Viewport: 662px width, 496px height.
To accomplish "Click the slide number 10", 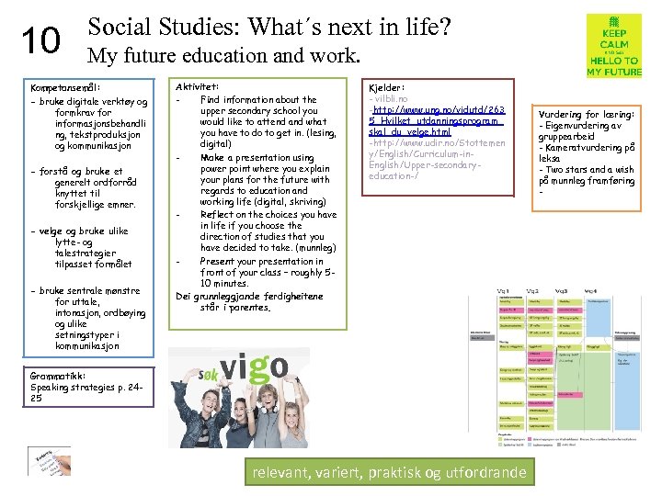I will (40, 40).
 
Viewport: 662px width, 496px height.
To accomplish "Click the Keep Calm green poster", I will (613, 46).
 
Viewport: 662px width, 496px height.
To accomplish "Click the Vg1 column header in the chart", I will (505, 291).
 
